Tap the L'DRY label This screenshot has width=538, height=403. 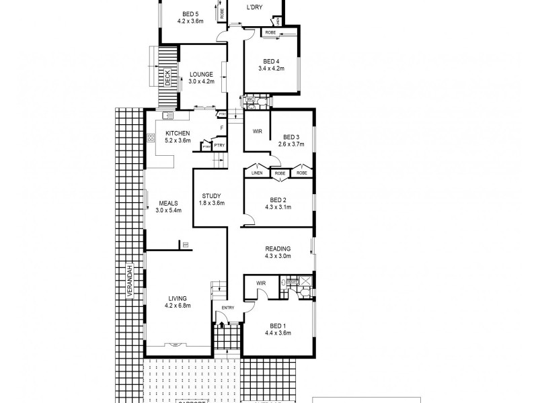pos(254,7)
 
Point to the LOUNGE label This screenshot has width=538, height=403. pos(201,74)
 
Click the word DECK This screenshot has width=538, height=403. pos(168,79)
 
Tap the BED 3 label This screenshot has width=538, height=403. pos(291,135)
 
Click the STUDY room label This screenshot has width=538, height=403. pos(211,195)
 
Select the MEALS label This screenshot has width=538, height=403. pos(168,203)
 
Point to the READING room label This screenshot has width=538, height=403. pos(278,248)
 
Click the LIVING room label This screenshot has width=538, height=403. pos(178,298)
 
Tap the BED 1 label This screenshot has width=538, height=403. pos(277,325)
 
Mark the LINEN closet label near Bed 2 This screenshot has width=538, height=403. pos(256,173)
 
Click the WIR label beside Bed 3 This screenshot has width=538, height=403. pos(257,132)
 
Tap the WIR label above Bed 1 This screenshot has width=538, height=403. pos(261,284)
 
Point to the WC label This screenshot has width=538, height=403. pos(249,99)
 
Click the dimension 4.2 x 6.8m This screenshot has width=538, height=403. pos(178,306)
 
